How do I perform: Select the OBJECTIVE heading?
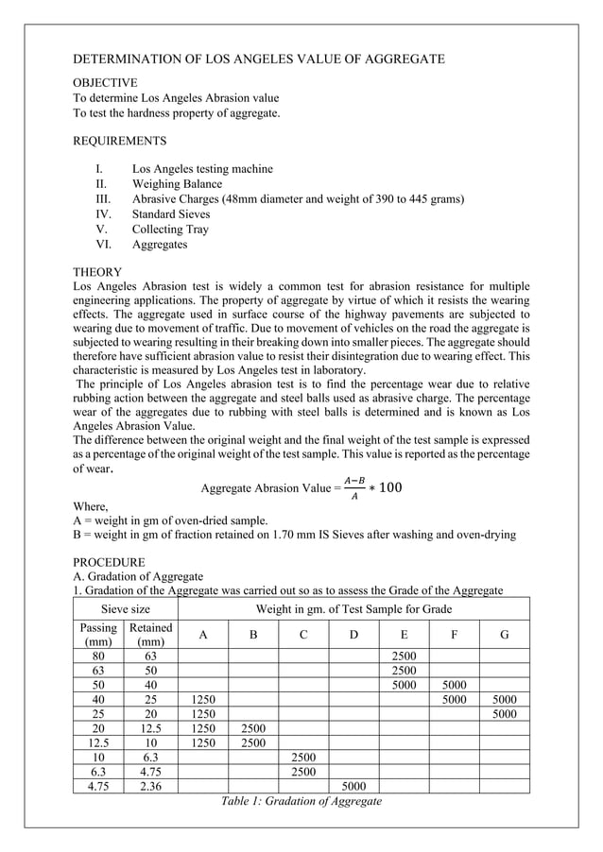105,83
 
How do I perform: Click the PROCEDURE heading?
109,561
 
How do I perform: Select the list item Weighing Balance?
177,184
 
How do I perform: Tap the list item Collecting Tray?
170,230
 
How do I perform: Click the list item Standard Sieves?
171,214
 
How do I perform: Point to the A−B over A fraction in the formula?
355,487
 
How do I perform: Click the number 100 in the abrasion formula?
390,487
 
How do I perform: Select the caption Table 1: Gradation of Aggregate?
301,801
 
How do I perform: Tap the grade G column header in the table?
504,635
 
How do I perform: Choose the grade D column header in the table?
353,635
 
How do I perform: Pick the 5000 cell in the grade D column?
353,785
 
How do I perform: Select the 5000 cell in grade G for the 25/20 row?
504,714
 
